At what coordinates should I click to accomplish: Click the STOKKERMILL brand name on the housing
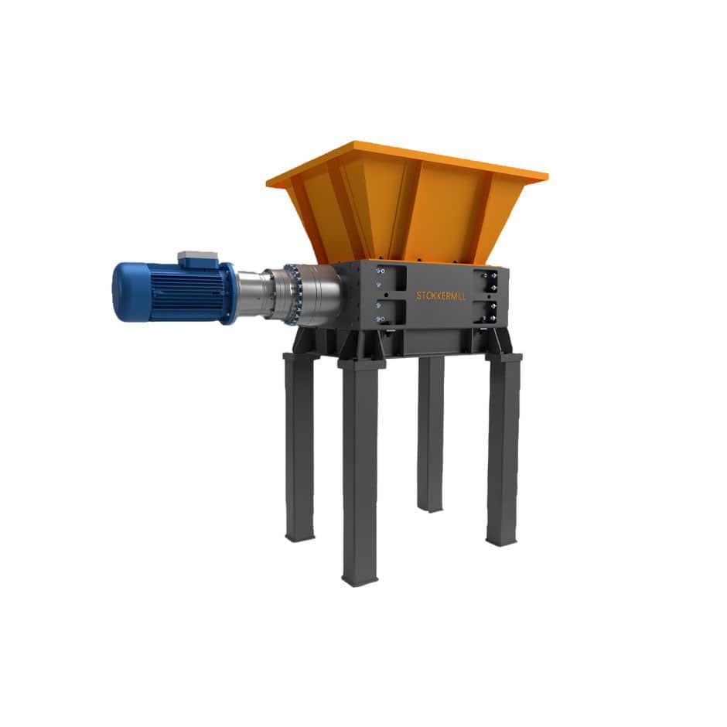pos(441,295)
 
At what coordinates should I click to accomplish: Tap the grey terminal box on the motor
pos(198,259)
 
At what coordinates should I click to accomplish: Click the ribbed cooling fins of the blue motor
pos(186,293)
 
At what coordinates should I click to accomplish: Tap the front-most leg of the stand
pos(360,472)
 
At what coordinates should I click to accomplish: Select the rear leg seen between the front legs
pos(431,434)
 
